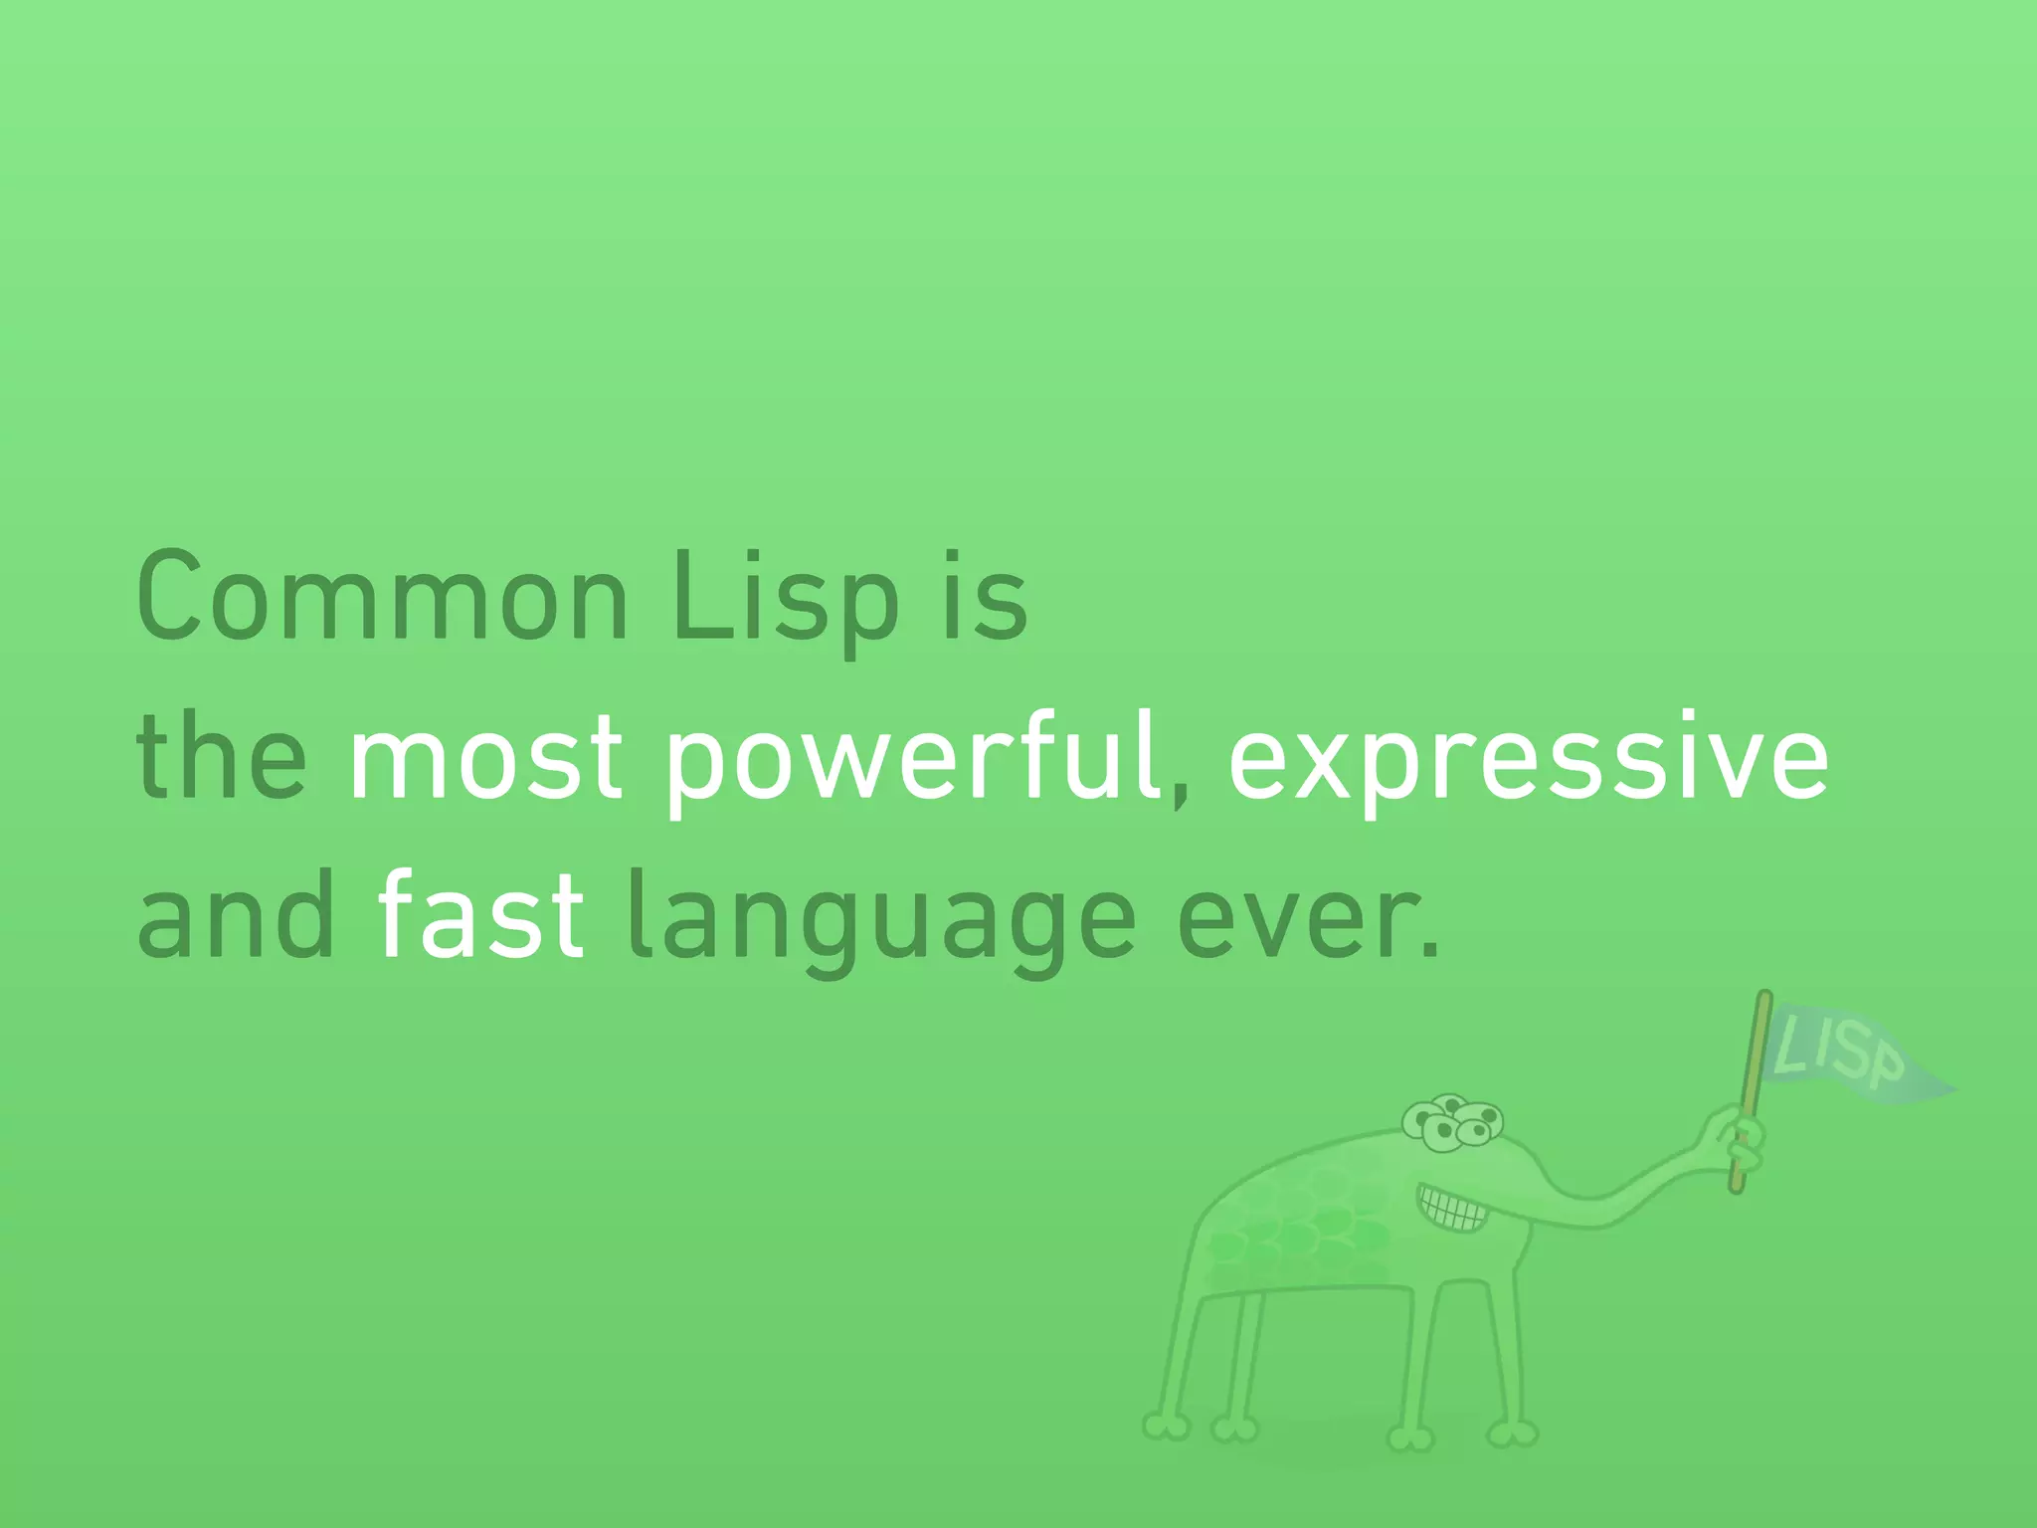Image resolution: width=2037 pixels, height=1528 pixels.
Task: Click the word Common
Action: (382, 597)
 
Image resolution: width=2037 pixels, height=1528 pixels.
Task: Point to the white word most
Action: (485, 758)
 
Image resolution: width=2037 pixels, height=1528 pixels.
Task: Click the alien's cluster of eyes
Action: (1452, 1122)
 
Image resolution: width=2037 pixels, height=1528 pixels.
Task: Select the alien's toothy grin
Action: (1454, 1208)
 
